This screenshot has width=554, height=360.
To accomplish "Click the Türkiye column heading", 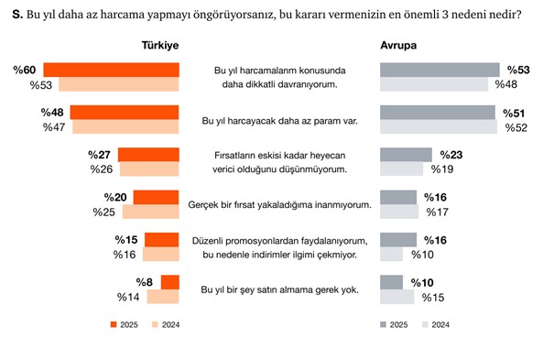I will (x=158, y=46).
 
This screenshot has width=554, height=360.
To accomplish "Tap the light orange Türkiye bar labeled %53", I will (x=119, y=85).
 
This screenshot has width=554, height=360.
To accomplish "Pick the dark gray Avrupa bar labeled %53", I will (x=439, y=70).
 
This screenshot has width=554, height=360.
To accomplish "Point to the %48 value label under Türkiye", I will (x=55, y=113).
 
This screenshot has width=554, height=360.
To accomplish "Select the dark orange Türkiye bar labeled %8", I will (x=169, y=282).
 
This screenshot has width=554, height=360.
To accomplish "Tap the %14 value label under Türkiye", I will (x=129, y=297).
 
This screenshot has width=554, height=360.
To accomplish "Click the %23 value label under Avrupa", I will (x=452, y=154).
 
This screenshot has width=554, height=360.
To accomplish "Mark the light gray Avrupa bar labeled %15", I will (x=396, y=297).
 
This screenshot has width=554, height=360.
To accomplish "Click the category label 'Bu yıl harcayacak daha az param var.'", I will (x=278, y=120).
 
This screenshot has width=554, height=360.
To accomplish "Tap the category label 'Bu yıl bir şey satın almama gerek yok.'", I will (x=278, y=289).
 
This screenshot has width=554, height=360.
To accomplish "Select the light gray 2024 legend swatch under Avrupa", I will (x=426, y=324).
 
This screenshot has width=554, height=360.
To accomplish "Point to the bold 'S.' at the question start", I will (x=16, y=14).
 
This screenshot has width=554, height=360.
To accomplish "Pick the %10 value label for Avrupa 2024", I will (x=424, y=254).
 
